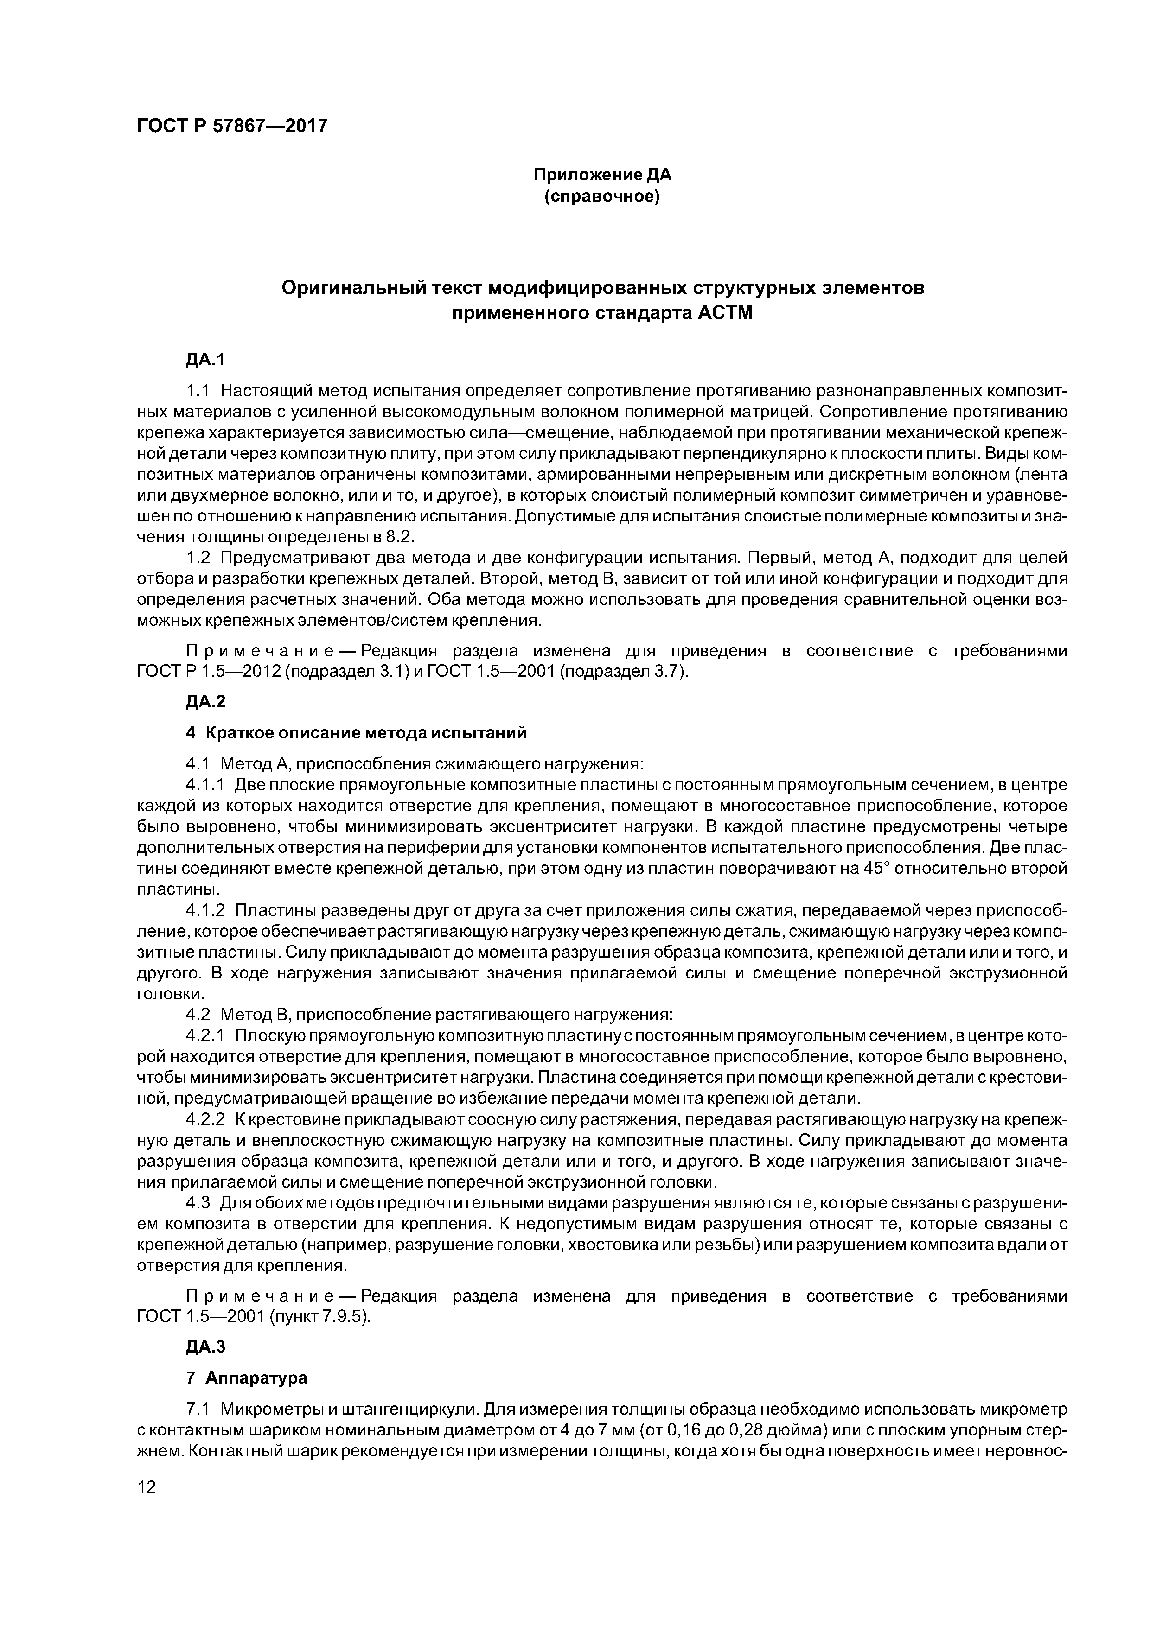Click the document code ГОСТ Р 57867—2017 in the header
coord(232,126)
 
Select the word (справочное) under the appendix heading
coord(601,196)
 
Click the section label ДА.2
coord(205,702)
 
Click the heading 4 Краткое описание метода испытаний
coord(357,733)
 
